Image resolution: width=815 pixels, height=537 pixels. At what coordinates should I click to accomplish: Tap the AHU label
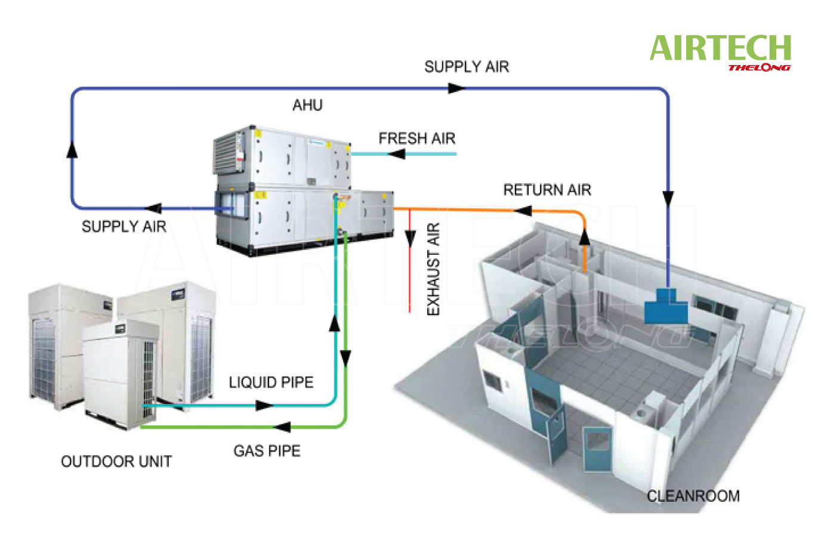(x=307, y=106)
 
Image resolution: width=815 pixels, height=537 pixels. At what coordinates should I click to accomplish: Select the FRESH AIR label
(x=416, y=138)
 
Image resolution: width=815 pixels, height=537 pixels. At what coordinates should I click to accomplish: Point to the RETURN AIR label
(x=547, y=190)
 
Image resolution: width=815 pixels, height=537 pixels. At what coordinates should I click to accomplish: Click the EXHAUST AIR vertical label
(x=434, y=269)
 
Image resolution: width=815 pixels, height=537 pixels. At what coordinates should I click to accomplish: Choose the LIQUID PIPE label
(x=271, y=382)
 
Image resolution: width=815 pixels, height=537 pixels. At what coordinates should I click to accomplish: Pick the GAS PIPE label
(x=267, y=450)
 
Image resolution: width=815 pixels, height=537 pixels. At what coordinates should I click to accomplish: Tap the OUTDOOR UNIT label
(x=116, y=461)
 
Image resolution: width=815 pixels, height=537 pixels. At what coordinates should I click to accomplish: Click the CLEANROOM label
(x=693, y=496)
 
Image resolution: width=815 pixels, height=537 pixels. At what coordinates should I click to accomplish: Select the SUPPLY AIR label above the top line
(x=467, y=66)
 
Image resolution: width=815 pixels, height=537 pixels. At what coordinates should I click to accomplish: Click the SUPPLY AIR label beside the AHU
(x=124, y=226)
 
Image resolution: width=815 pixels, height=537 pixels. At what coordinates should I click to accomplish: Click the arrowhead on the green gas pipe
(x=281, y=427)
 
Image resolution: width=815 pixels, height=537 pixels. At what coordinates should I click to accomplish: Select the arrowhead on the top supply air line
(x=456, y=88)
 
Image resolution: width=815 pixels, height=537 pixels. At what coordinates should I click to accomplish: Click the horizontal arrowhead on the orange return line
(x=523, y=211)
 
